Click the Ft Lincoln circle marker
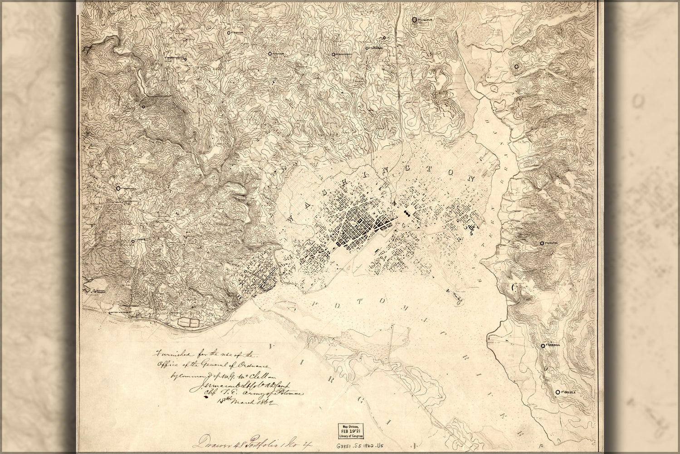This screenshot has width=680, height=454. click(414, 20)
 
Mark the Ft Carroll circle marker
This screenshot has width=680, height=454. click(543, 345)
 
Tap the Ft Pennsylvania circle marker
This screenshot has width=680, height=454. click(118, 188)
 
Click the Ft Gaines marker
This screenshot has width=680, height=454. click(133, 241)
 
